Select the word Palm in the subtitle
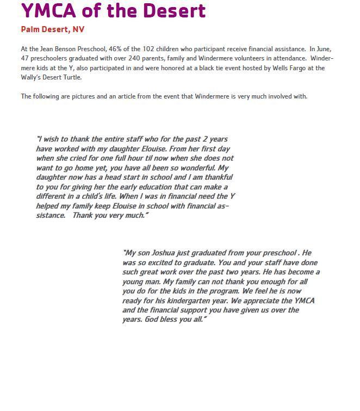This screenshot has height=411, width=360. click(x=30, y=29)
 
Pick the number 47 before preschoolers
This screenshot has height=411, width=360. click(x=25, y=59)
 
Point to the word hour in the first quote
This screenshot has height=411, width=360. click(x=121, y=158)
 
